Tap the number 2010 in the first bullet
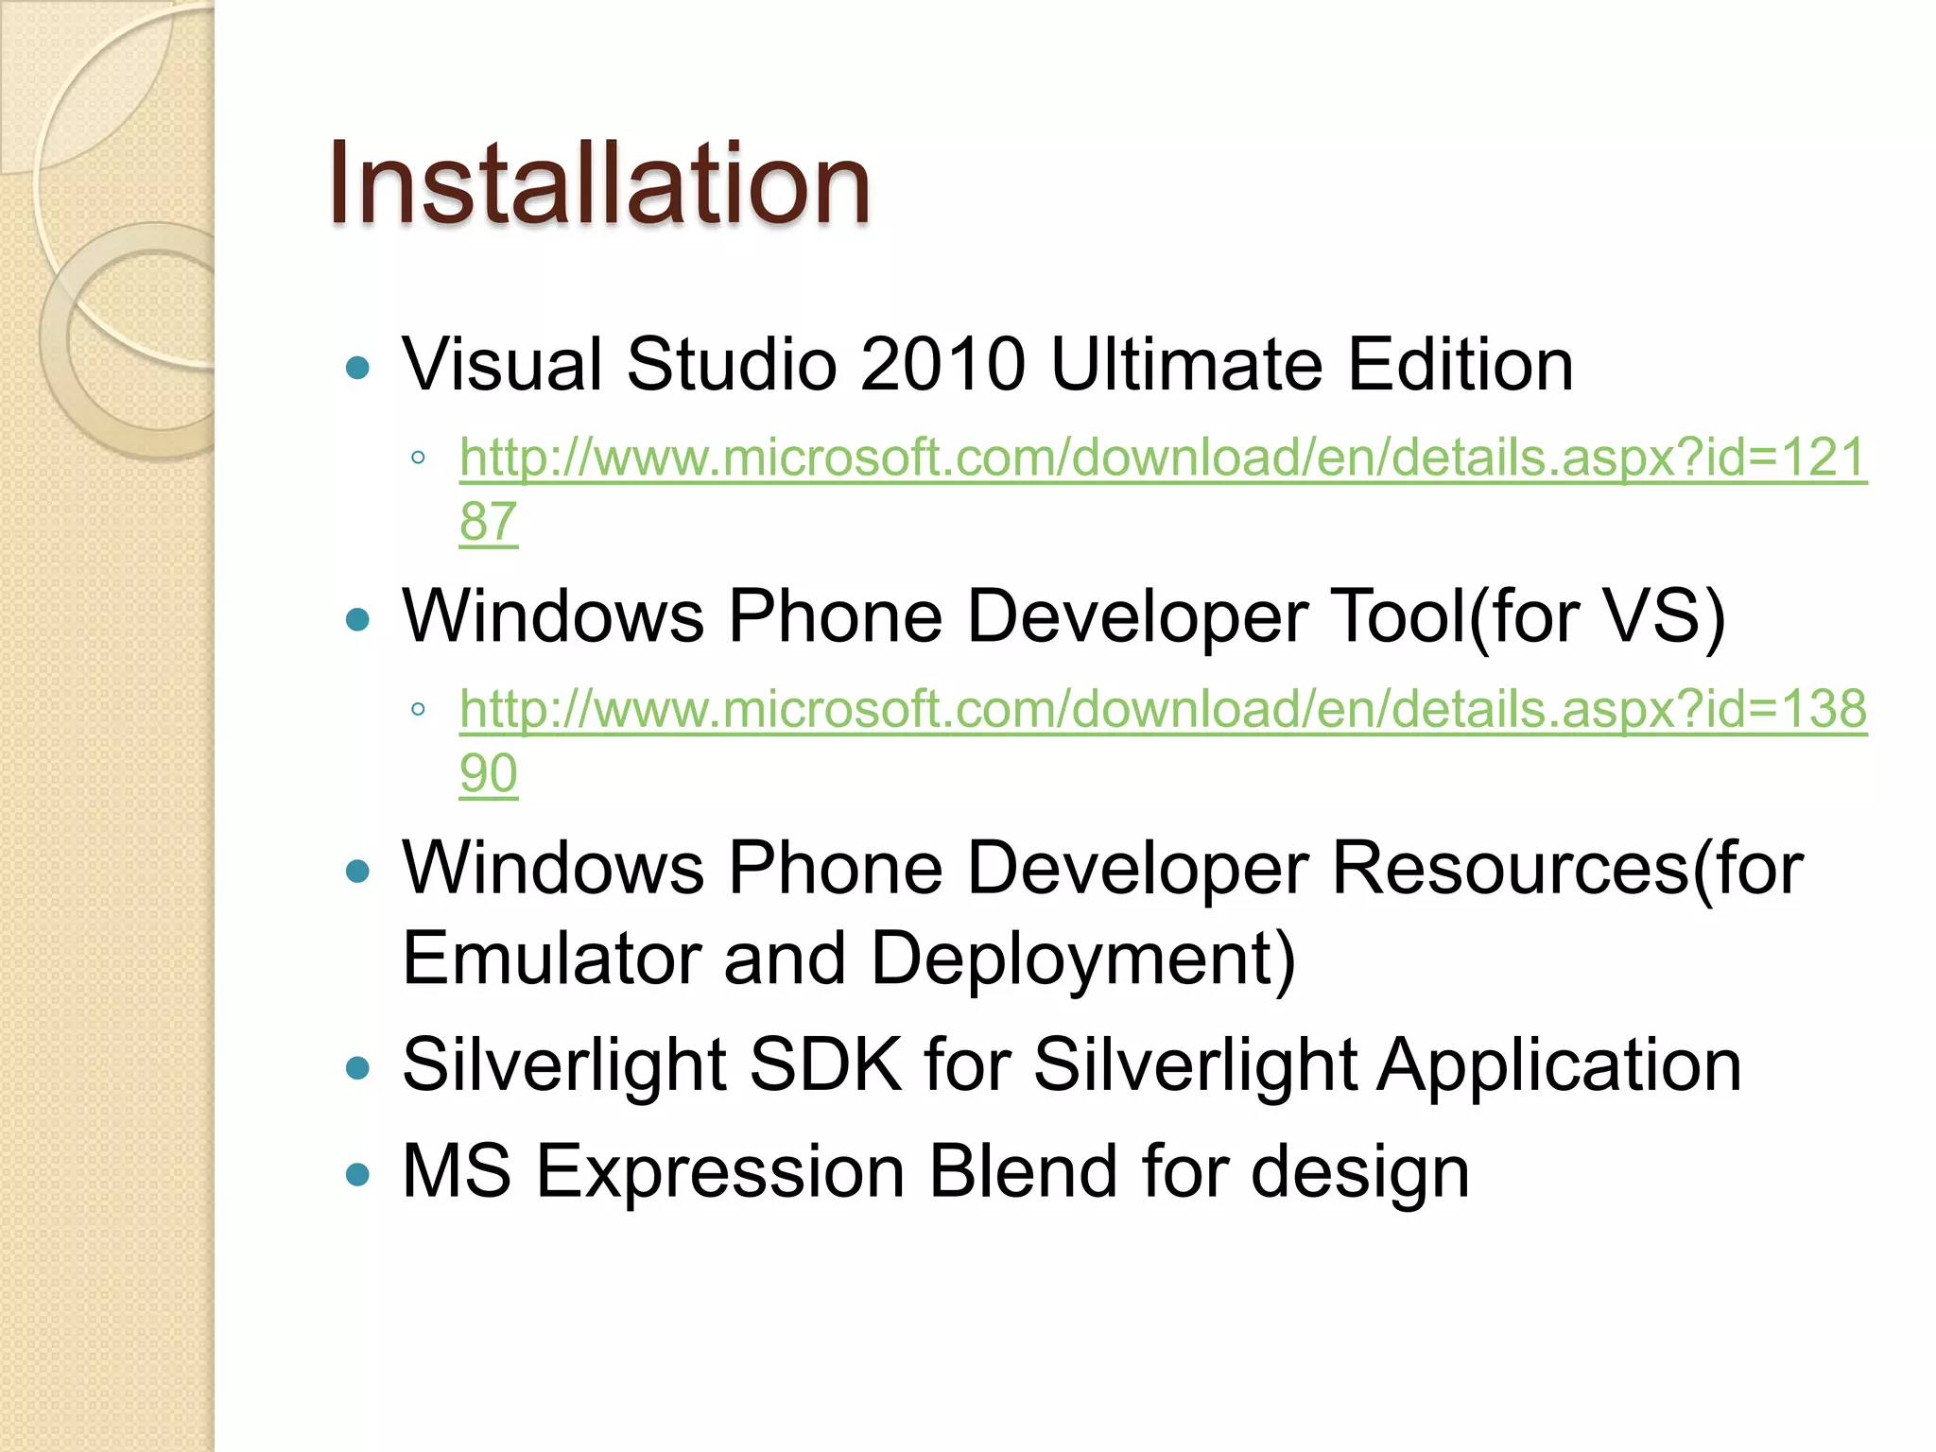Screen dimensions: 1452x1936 [x=942, y=364]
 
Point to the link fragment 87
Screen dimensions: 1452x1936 [x=489, y=521]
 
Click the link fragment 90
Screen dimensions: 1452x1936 [x=489, y=773]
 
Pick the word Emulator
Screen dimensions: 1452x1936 [x=551, y=959]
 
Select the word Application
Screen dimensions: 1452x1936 [x=1559, y=1066]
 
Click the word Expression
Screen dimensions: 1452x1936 [x=720, y=1172]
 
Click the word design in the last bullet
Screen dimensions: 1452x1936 [x=1360, y=1172]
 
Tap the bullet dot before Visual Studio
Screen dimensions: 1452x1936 [x=358, y=368]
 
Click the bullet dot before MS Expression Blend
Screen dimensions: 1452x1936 [x=358, y=1175]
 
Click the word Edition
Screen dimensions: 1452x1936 [x=1461, y=364]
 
